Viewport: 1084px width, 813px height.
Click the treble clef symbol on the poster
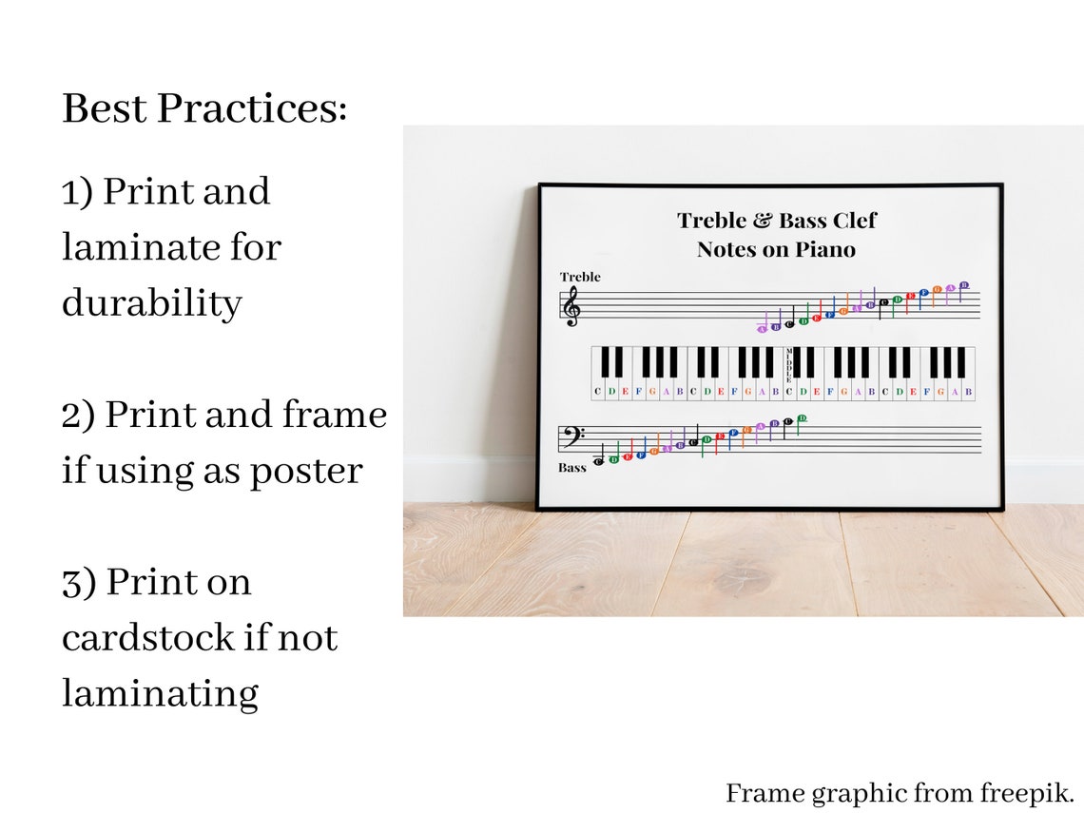pos(571,307)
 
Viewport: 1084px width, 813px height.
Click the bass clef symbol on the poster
pos(572,436)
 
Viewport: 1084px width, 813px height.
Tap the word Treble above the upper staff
pos(580,277)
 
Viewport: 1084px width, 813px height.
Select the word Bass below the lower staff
pos(572,468)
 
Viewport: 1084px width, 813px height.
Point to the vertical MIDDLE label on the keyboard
pos(788,366)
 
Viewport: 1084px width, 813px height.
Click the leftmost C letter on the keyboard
pos(598,391)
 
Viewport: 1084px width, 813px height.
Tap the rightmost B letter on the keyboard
pos(968,391)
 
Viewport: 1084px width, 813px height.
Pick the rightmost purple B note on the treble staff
pos(963,285)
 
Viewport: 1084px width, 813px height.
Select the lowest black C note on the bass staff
pos(599,461)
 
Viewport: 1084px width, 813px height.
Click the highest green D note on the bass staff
pos(802,418)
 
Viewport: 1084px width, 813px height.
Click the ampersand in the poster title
pos(764,221)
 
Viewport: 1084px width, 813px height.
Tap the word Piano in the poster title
pos(826,250)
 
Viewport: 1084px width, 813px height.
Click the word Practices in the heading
pos(251,109)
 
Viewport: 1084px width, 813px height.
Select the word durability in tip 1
pos(152,303)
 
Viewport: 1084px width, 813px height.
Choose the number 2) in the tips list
pos(78,416)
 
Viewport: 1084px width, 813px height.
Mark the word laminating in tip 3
pos(160,693)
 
